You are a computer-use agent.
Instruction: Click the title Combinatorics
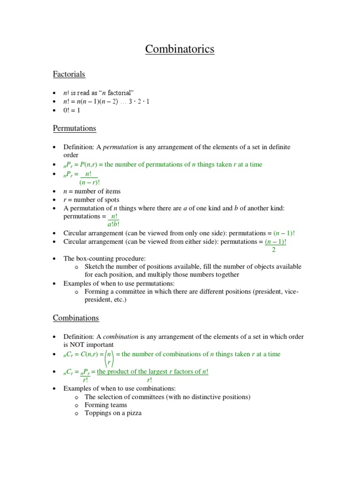pyautogui.click(x=180, y=49)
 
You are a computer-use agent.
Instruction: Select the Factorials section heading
pyautogui.click(x=68, y=74)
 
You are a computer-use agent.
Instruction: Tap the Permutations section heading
pyautogui.click(x=74, y=128)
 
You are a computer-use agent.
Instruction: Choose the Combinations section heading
pyautogui.click(x=75, y=318)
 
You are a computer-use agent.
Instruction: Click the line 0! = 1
pyautogui.click(x=73, y=110)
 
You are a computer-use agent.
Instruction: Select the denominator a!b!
pyautogui.click(x=113, y=224)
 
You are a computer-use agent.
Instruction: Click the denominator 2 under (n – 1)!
pyautogui.click(x=274, y=250)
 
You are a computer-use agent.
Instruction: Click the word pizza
pyautogui.click(x=132, y=413)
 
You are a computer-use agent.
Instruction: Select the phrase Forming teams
pyautogui.click(x=105, y=405)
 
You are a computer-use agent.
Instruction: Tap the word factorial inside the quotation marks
pyautogui.click(x=121, y=93)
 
